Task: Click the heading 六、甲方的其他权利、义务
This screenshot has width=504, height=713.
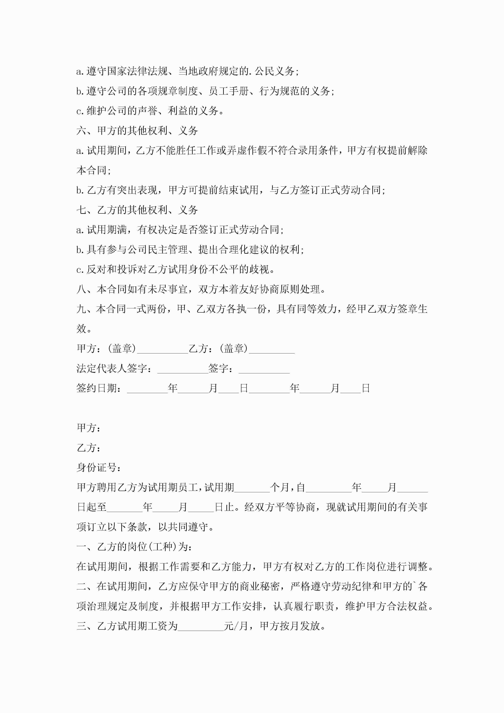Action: click(137, 131)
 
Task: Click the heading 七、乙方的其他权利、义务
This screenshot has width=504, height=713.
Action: click(137, 210)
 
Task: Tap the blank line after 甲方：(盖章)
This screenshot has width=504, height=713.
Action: click(163, 349)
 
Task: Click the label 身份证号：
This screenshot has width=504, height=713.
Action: click(99, 467)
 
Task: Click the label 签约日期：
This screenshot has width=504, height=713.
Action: click(99, 388)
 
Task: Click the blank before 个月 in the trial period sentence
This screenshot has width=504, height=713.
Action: click(252, 488)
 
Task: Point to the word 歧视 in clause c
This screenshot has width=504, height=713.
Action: click(259, 269)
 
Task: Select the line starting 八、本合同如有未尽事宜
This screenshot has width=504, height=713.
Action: click(201, 289)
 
